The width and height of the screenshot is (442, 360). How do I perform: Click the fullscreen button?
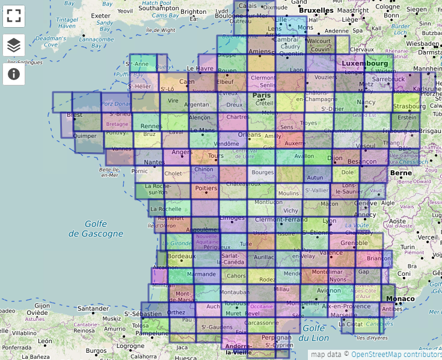(14, 16)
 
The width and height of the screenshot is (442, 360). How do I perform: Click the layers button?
(14, 45)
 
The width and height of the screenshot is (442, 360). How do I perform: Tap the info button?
(14, 74)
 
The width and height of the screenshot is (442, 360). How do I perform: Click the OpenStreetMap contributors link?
(396, 355)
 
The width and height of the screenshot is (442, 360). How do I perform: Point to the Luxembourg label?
(364, 63)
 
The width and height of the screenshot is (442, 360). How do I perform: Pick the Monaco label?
(400, 299)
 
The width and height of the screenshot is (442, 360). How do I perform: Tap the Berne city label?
(401, 173)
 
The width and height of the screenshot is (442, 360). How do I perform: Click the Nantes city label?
(155, 163)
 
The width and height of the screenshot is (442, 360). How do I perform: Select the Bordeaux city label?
(182, 256)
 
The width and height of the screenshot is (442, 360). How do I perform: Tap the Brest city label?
(75, 114)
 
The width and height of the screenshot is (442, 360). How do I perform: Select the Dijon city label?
(335, 158)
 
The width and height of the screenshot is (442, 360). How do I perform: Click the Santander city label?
(93, 309)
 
